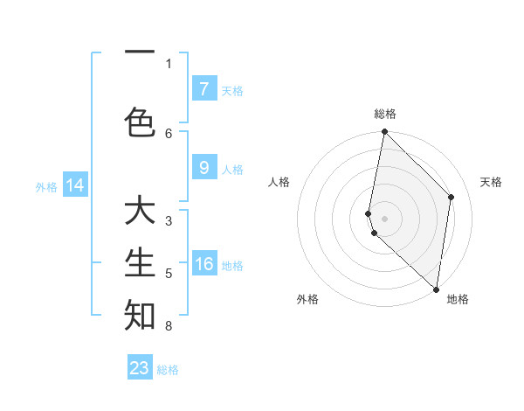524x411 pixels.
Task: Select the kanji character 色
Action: point(140,122)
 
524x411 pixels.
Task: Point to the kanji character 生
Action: point(140,262)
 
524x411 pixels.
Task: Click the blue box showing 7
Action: point(203,88)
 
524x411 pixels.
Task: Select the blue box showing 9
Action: point(203,168)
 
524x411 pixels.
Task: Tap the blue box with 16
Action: point(203,264)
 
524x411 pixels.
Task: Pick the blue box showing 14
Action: point(75,185)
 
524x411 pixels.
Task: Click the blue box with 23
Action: point(140,368)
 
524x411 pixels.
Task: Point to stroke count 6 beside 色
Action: point(169,133)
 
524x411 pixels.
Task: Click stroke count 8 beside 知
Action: point(169,326)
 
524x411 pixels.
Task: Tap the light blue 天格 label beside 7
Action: point(232,90)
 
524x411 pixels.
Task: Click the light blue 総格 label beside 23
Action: point(168,370)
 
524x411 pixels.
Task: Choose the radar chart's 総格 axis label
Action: point(384,114)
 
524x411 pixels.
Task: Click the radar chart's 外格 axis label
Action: point(307,299)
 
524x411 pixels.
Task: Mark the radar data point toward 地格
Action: point(436,289)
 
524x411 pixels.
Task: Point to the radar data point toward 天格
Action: point(452,197)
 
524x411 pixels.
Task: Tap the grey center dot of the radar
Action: point(384,218)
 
